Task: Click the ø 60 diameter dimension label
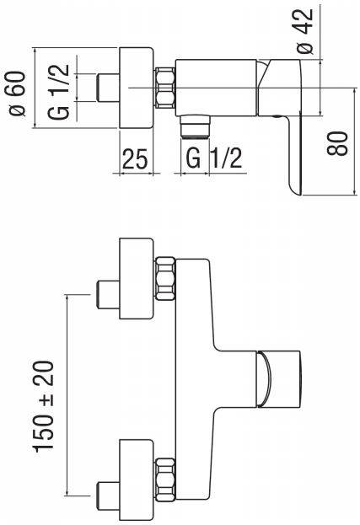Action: point(18,94)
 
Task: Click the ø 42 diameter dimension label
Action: point(305,31)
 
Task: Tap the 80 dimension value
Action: point(337,143)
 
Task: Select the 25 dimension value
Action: point(135,158)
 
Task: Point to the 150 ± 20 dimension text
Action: point(43,406)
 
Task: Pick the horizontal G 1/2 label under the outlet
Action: point(213,158)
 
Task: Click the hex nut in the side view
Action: point(165,88)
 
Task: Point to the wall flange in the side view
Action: point(137,88)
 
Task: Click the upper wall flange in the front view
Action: point(137,279)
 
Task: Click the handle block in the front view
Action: point(278,378)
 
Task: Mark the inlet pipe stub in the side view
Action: point(108,88)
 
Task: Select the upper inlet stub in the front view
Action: point(108,295)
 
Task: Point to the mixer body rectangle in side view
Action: point(217,88)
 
